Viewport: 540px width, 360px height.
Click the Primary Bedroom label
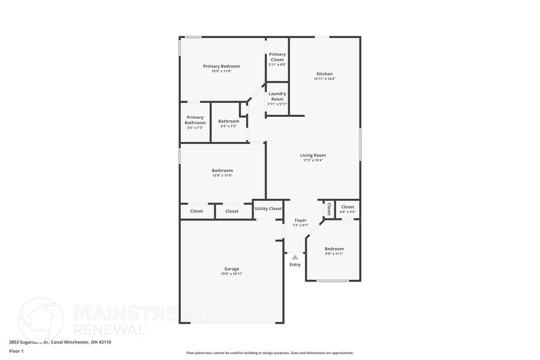(221, 66)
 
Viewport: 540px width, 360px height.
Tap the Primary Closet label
(277, 57)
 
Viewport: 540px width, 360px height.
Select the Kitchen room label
(324, 73)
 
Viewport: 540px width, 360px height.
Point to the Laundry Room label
(277, 96)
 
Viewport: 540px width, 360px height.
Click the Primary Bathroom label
(195, 120)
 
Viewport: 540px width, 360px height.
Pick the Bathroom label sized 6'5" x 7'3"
(228, 121)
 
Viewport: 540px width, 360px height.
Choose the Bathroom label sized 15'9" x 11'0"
(222, 171)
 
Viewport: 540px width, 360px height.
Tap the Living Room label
(312, 156)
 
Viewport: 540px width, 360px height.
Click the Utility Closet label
(268, 209)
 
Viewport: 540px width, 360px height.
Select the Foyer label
(301, 220)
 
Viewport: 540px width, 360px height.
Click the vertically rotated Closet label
(329, 209)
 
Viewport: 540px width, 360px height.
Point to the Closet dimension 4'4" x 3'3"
(347, 212)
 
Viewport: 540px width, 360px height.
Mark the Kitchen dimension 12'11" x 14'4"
(324, 78)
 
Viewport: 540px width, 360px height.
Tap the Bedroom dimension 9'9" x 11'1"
(334, 253)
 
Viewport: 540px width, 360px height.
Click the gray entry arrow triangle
(295, 257)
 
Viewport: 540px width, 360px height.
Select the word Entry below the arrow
(295, 264)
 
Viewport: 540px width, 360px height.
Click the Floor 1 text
(17, 351)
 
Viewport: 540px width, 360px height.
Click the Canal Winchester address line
(51, 342)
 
